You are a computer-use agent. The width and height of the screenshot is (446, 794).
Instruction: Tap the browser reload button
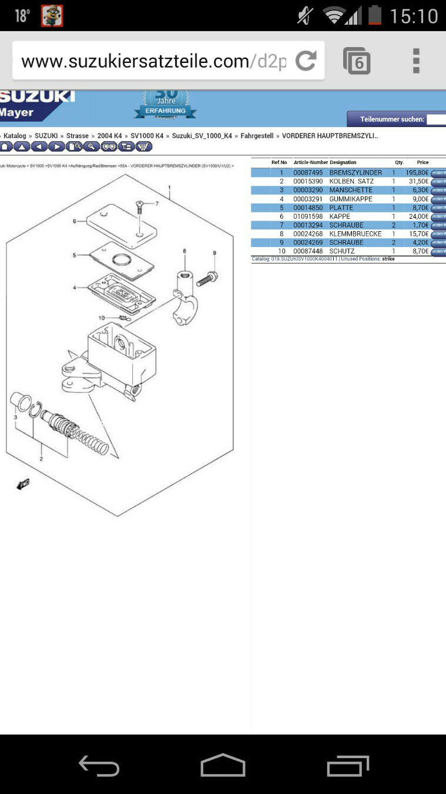(x=306, y=61)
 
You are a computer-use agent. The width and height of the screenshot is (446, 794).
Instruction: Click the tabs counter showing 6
(x=357, y=61)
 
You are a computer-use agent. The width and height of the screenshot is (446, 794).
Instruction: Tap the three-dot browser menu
(x=416, y=61)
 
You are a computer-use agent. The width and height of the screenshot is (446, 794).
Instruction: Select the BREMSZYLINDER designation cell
(x=356, y=173)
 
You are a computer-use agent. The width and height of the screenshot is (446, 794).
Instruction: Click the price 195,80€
(x=417, y=173)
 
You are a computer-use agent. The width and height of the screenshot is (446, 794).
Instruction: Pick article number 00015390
(x=308, y=182)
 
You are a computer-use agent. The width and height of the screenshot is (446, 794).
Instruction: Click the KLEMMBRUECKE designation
(x=355, y=234)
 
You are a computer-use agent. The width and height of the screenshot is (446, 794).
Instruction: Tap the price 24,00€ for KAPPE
(x=419, y=216)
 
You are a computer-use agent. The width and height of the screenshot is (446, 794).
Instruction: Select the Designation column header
(x=343, y=162)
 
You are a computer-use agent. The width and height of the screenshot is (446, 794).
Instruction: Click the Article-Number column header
(x=311, y=162)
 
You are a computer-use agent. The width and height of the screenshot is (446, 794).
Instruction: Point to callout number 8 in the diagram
(x=184, y=251)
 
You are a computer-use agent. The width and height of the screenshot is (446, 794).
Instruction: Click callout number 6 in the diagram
(x=75, y=221)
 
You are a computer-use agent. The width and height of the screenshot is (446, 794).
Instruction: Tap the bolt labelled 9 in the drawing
(x=207, y=278)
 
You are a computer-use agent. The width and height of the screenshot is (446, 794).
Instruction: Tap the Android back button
(x=99, y=766)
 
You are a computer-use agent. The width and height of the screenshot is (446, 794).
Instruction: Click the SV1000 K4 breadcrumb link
(x=147, y=136)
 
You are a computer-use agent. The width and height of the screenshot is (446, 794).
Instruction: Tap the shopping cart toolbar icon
(x=143, y=146)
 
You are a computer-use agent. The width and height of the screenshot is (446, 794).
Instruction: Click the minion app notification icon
(x=52, y=16)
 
